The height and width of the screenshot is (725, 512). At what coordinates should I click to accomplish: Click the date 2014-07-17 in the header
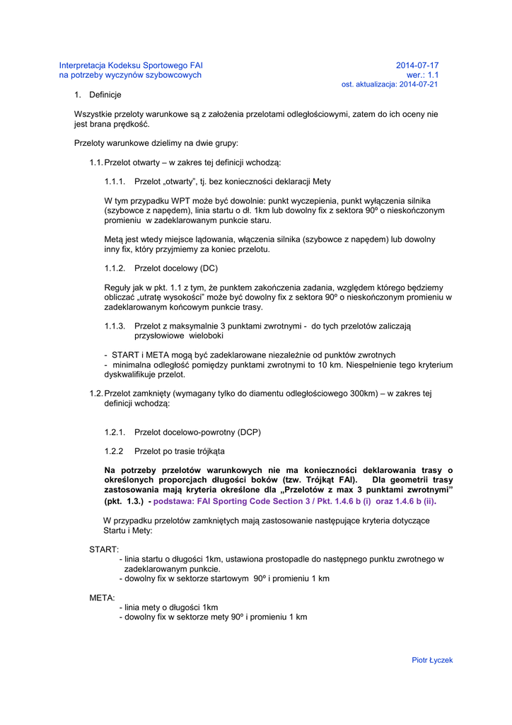(x=417, y=65)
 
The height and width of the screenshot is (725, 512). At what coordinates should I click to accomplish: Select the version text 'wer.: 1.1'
(x=422, y=75)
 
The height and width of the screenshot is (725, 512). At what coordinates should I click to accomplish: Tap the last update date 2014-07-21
(x=419, y=84)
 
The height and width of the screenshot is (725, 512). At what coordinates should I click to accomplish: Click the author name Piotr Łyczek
(x=432, y=660)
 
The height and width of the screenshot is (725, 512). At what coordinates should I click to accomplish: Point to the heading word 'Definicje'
(x=105, y=95)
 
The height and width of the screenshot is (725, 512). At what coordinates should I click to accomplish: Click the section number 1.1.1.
(x=115, y=181)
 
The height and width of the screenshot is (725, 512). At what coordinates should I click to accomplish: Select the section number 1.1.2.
(x=115, y=268)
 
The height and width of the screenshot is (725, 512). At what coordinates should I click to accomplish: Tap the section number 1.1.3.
(x=115, y=326)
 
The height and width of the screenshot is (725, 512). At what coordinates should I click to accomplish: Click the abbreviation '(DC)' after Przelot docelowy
(x=209, y=268)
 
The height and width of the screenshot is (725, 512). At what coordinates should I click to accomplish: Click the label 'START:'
(x=104, y=549)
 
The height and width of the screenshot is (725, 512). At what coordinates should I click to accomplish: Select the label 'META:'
(x=102, y=598)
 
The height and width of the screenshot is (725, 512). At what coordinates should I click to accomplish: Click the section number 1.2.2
(x=115, y=450)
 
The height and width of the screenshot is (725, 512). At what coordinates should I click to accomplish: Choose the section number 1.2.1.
(x=115, y=431)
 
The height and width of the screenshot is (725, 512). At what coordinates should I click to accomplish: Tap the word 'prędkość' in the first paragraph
(x=134, y=124)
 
